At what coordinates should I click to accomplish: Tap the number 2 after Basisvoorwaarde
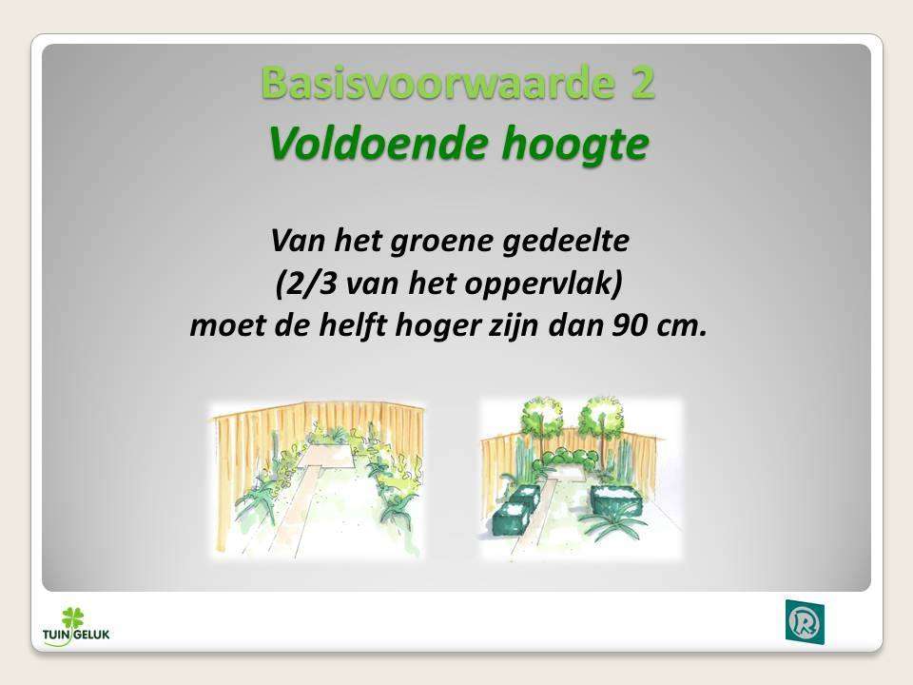click(642, 83)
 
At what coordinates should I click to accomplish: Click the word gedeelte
click(565, 240)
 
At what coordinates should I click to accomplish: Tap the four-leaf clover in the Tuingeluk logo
click(73, 617)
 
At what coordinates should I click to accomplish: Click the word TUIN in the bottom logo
click(57, 635)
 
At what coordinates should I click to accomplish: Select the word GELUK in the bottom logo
click(92, 635)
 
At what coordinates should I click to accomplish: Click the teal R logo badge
click(805, 622)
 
